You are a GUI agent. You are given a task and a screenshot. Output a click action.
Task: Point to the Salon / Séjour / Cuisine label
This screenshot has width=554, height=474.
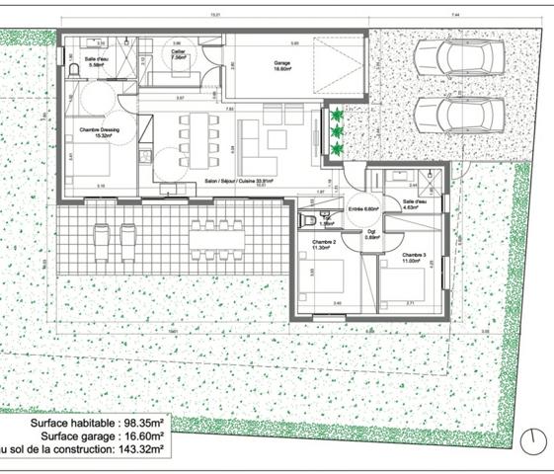pos(238,182)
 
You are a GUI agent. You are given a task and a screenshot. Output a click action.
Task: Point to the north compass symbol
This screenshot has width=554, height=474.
pos(533,440)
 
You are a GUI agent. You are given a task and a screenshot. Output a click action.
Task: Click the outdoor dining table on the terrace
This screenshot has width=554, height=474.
pos(216,235)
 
